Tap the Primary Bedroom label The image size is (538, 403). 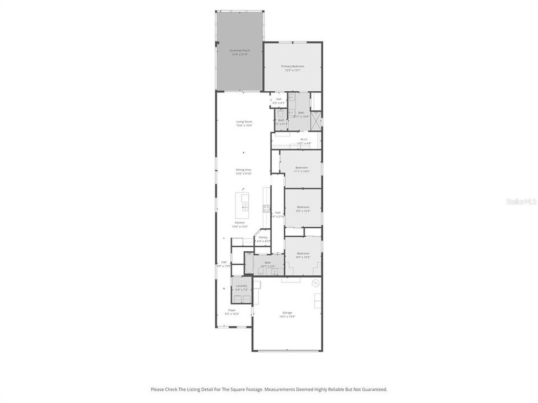click(x=293, y=68)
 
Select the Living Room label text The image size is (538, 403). click(x=244, y=123)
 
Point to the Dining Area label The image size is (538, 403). click(x=243, y=171)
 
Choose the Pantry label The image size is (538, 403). click(x=263, y=239)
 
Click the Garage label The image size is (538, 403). click(x=287, y=315)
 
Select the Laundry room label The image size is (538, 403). click(x=242, y=287)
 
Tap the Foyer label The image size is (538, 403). click(x=231, y=312)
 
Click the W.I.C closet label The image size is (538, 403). click(x=303, y=141)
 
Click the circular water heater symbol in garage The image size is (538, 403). click(x=315, y=283)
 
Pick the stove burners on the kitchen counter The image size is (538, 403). click(x=266, y=209)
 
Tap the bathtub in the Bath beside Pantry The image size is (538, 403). click(x=249, y=263)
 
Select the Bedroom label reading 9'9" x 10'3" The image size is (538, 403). click(x=303, y=209)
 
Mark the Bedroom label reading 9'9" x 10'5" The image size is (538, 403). click(x=303, y=255)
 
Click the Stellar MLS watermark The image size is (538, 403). click(x=521, y=200)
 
